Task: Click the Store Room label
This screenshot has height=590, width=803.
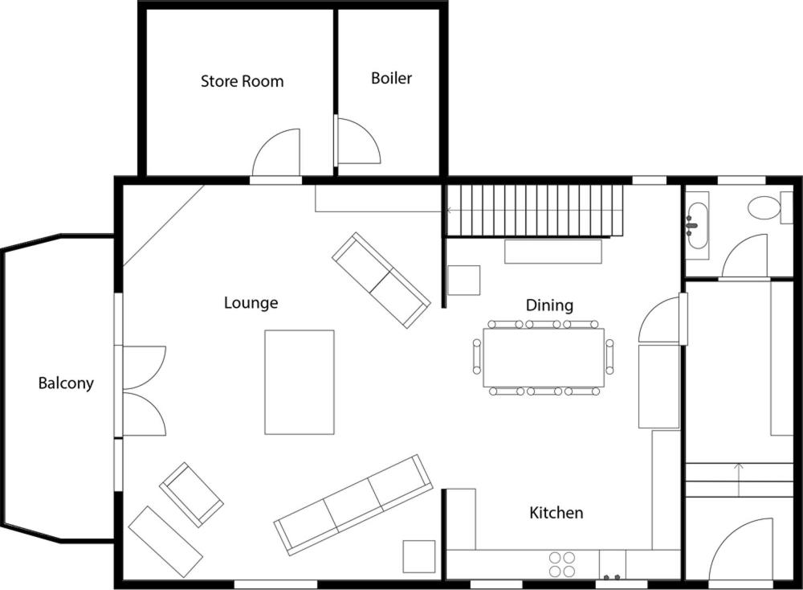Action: click(242, 81)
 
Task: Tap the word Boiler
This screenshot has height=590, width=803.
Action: click(391, 78)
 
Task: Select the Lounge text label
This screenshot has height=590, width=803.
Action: click(251, 303)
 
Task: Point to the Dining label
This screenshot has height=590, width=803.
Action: click(549, 305)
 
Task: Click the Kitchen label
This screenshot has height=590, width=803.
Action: click(556, 513)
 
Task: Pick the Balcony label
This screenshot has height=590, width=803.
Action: click(66, 383)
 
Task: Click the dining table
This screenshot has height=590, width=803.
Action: click(544, 358)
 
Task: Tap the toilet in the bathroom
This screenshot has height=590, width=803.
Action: click(764, 208)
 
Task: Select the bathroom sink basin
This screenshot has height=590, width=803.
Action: click(697, 226)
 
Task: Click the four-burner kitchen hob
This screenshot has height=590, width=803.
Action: click(562, 564)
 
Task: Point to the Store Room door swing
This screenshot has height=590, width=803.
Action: click(275, 153)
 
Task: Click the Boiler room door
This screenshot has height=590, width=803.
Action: click(357, 141)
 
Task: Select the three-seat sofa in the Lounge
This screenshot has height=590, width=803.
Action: click(353, 505)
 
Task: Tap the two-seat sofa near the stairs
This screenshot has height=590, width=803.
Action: click(381, 280)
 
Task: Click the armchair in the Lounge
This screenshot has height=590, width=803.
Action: click(192, 494)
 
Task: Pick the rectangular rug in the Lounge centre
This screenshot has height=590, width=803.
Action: click(300, 383)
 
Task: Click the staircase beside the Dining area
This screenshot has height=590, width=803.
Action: click(535, 210)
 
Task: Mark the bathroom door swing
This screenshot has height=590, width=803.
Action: click(744, 256)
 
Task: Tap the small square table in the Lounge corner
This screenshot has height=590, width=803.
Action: click(419, 557)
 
